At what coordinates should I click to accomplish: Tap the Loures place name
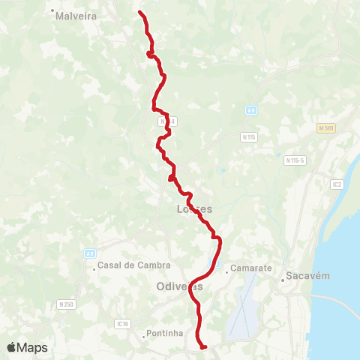coord(193,209)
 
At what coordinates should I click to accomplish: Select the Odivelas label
coord(180,286)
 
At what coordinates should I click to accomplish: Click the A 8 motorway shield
coord(251,110)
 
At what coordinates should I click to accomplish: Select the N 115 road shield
coord(249,137)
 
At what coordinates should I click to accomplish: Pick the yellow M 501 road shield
coord(325,128)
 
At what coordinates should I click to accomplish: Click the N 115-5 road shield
coord(294,160)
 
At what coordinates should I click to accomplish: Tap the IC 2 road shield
coord(337,183)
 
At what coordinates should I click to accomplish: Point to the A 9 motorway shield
coord(89,254)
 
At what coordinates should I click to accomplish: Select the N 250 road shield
coord(66,304)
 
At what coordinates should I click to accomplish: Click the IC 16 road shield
coord(124,324)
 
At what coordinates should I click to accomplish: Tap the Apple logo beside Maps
coord(12,347)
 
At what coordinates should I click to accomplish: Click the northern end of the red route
coord(141,12)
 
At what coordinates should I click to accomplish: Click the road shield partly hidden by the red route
coord(166,121)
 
